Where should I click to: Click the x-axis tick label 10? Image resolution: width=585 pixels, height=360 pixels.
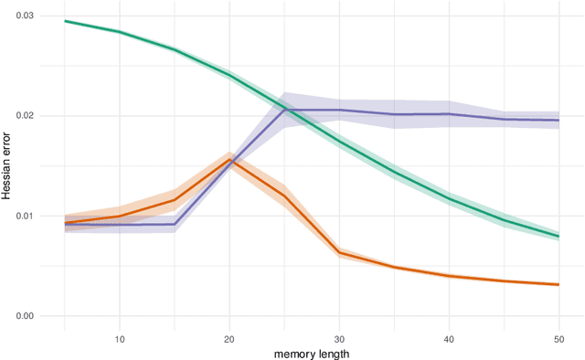tap(120, 338)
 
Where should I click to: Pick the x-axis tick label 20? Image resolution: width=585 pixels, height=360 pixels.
tap(229, 338)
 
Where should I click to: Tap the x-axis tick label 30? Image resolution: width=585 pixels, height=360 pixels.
tap(339, 338)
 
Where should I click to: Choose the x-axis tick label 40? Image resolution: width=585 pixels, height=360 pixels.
tap(449, 338)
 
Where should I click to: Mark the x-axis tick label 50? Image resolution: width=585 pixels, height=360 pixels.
tap(558, 338)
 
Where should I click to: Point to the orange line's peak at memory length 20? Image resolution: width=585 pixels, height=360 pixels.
tap(229, 160)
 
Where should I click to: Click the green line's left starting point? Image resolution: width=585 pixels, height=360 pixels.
tap(65, 21)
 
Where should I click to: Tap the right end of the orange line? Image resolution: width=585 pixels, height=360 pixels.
tap(558, 284)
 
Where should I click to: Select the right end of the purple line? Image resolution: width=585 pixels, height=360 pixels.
tap(558, 120)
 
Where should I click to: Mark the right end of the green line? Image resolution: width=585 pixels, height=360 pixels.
tap(558, 237)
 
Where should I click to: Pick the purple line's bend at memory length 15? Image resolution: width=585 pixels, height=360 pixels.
tap(175, 224)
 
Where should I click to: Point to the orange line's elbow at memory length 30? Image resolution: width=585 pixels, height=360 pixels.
tap(339, 252)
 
